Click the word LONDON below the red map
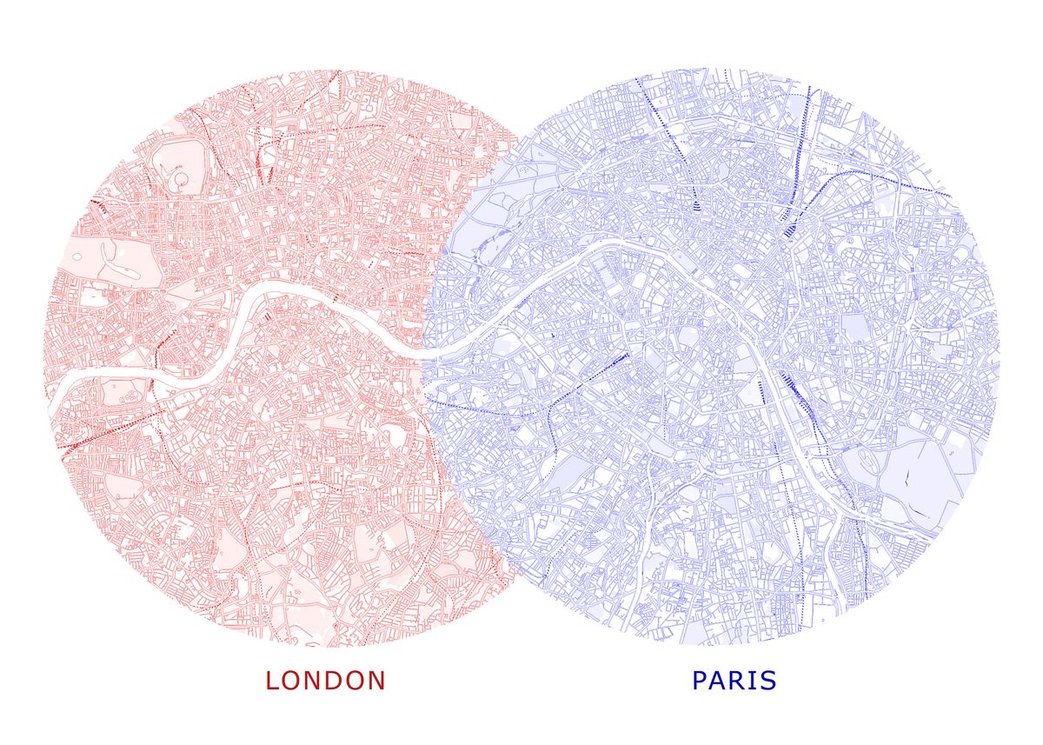click(325, 680)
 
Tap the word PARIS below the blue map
click(734, 680)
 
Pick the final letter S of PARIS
click(767, 680)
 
